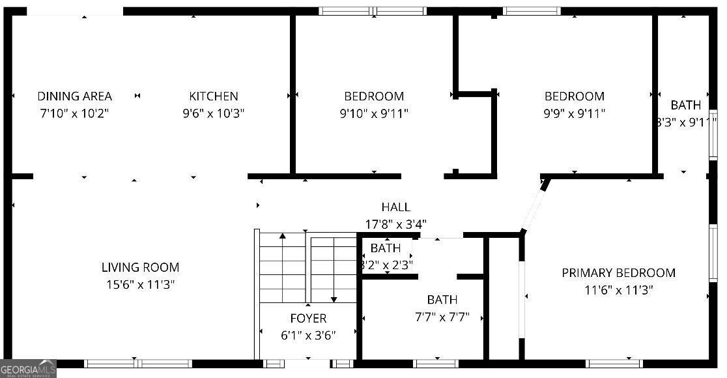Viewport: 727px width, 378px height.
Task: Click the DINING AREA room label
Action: tap(74, 96)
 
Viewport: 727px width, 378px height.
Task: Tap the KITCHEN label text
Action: tap(214, 96)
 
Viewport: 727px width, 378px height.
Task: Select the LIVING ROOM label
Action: tap(140, 267)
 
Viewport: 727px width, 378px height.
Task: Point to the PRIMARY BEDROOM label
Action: tap(618, 273)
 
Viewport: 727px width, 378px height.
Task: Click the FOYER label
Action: tap(308, 319)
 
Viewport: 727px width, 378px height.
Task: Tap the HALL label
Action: tap(395, 207)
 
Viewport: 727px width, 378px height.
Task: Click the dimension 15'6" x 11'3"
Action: tap(140, 285)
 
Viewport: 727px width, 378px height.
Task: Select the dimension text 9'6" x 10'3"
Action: tap(214, 113)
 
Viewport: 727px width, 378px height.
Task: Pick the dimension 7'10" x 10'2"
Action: tap(74, 113)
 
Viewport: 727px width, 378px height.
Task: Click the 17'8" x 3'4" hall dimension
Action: tap(395, 224)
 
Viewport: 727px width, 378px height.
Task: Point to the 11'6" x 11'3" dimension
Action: tap(618, 290)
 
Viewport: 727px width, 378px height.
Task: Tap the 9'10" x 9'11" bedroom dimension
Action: tap(374, 113)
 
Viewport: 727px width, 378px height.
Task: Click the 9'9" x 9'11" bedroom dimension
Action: tap(575, 113)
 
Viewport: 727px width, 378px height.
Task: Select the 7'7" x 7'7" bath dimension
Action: tap(442, 317)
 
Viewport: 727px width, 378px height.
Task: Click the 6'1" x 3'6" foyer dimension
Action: tap(308, 336)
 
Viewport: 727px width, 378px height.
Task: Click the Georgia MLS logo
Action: tap(28, 368)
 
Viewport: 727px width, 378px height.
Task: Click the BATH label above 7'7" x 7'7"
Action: tap(442, 300)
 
